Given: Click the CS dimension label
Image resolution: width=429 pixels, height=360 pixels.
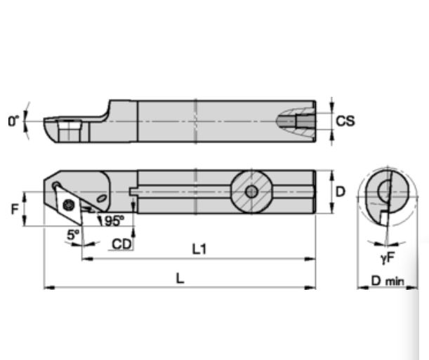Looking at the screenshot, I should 345,121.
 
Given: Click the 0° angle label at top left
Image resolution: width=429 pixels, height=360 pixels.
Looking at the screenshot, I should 13,121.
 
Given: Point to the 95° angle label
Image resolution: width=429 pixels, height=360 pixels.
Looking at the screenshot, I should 114,221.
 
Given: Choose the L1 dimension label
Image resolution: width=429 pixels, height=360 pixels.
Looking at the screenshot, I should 199,248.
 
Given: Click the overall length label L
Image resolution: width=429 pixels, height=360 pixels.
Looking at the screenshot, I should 180,278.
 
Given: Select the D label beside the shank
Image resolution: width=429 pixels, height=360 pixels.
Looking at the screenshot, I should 339,191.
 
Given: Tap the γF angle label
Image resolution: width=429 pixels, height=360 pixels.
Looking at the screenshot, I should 387,258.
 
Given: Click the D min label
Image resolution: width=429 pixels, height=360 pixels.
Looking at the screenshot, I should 388,281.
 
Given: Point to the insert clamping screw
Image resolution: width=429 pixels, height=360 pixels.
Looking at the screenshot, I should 68,204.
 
